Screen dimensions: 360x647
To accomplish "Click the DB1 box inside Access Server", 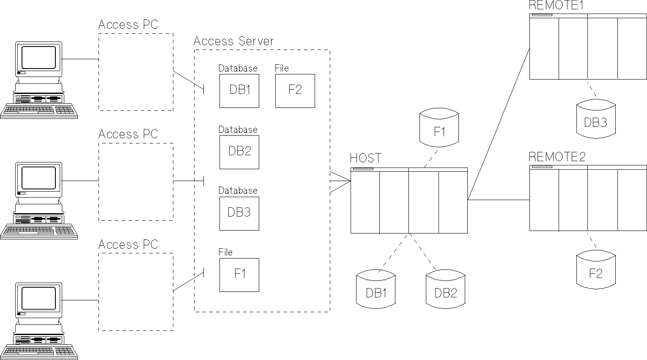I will [x=239, y=91].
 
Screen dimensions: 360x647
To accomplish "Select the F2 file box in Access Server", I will [x=295, y=91].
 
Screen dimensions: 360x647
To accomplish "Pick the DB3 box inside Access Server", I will [x=239, y=213].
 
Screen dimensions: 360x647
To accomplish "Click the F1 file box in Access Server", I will [x=239, y=275].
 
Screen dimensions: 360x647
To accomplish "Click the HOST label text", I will [x=365, y=158].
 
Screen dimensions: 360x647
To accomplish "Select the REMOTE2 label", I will [x=557, y=157].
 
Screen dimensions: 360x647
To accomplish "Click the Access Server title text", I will [x=233, y=41].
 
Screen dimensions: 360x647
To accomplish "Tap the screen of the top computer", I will [x=38, y=58].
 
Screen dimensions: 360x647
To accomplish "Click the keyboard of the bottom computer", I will [x=38, y=351].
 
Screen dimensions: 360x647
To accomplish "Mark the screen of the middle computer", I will [x=38, y=178].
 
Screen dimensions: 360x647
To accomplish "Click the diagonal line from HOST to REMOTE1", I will [x=499, y=123].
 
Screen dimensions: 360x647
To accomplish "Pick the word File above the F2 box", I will [x=282, y=68].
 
